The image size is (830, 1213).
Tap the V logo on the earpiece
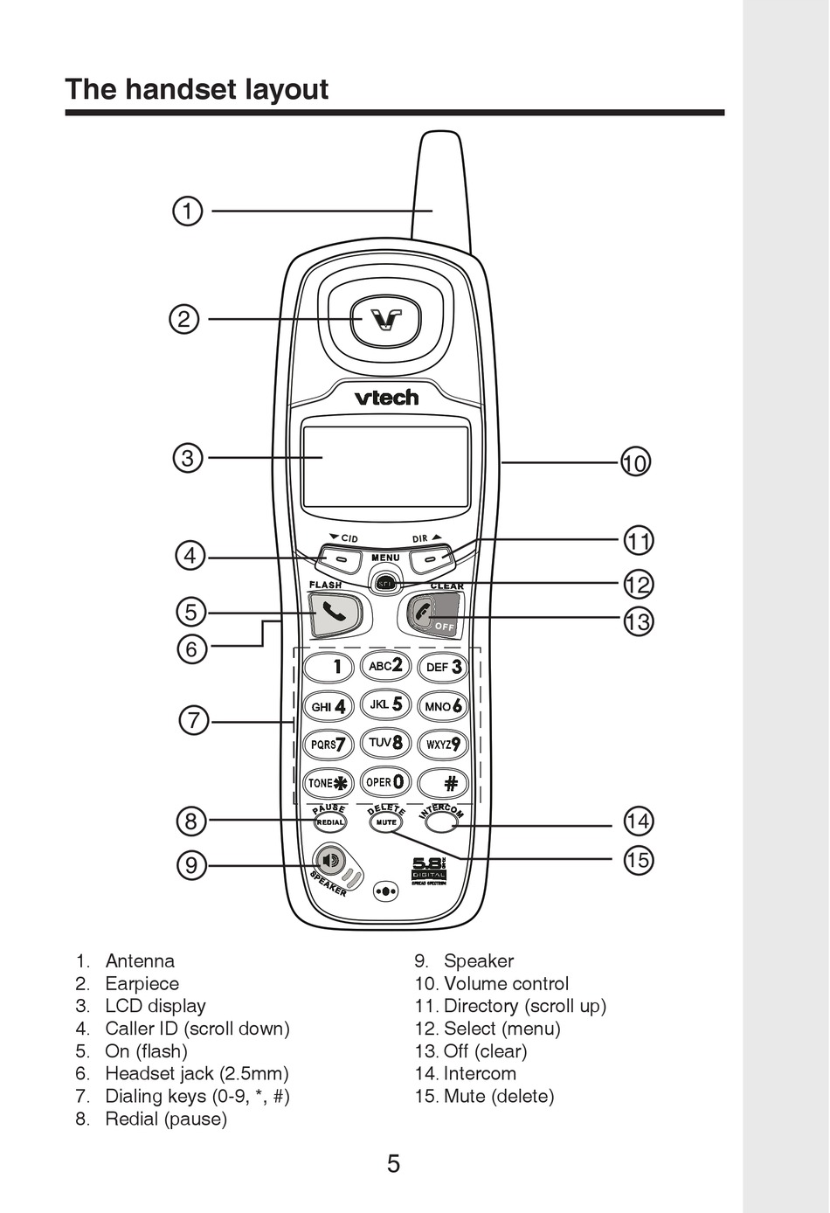pyautogui.click(x=385, y=319)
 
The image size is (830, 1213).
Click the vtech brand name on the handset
pyautogui.click(x=385, y=398)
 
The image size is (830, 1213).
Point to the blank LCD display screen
pyautogui.click(x=385, y=467)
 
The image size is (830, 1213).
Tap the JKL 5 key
pyautogui.click(x=385, y=704)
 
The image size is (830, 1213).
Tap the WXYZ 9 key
pyautogui.click(x=443, y=745)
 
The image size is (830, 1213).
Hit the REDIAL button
pyautogui.click(x=330, y=822)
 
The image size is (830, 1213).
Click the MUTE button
pyautogui.click(x=385, y=822)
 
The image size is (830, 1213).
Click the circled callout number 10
pyautogui.click(x=636, y=462)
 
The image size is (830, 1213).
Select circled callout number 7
pyautogui.click(x=194, y=722)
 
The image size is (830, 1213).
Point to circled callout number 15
pyautogui.click(x=638, y=860)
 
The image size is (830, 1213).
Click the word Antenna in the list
pyautogui.click(x=140, y=961)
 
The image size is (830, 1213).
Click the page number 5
pyautogui.click(x=394, y=1164)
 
